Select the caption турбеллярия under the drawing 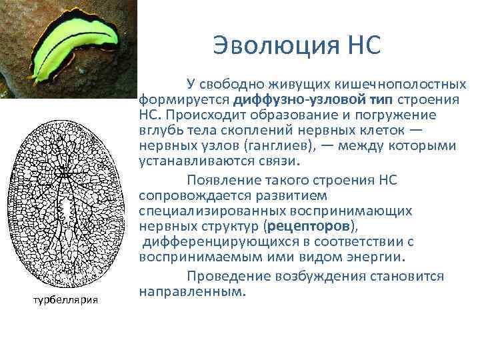pos(66,299)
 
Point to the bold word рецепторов pos(305,225)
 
